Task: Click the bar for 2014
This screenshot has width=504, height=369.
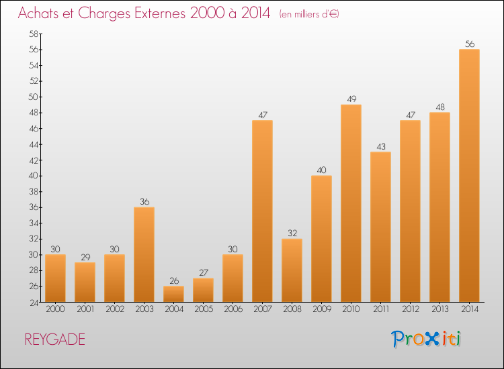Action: point(469,176)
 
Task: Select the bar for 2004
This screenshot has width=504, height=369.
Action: point(173,294)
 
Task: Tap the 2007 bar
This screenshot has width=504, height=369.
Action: point(262,211)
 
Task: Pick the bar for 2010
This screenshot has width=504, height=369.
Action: point(351,203)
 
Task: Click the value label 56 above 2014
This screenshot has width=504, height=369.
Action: point(470,44)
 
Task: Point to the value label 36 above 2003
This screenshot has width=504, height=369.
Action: point(144,201)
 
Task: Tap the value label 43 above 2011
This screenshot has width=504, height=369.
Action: point(381,147)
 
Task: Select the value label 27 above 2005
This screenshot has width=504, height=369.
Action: point(204,272)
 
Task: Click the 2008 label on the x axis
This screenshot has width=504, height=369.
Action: point(292,309)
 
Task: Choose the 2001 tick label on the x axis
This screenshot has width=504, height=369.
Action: point(85,309)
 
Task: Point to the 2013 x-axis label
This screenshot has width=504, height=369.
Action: point(440,309)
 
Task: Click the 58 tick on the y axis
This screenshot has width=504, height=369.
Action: point(34,34)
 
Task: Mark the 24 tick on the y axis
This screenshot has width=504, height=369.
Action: point(34,303)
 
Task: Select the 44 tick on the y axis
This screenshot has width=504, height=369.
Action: point(34,144)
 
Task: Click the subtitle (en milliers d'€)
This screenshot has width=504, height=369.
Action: point(309,14)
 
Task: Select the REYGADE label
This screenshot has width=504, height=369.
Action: point(55,339)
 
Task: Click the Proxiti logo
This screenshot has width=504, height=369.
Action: point(426,339)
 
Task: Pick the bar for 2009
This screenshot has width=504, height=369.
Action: point(321,239)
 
